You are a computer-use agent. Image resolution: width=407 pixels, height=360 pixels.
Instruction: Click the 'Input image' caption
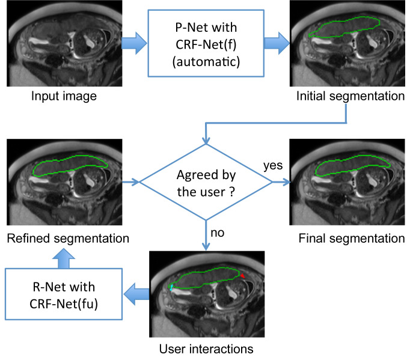click(x=64, y=96)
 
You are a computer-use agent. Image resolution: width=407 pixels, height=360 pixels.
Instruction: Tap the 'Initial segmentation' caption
click(x=350, y=96)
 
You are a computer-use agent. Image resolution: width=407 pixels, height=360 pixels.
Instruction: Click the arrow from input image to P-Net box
click(x=134, y=43)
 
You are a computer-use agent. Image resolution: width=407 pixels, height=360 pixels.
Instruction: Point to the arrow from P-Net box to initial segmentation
click(x=277, y=43)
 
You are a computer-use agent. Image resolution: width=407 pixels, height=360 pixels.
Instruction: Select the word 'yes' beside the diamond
click(x=273, y=166)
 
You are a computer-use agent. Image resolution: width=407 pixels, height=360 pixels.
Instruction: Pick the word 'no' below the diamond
click(x=217, y=233)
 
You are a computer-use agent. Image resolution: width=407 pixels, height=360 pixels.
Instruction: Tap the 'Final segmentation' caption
click(x=352, y=239)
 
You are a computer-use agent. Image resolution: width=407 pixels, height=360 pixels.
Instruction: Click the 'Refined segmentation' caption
click(x=68, y=239)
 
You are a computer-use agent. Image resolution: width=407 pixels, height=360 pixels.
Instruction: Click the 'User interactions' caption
click(x=206, y=349)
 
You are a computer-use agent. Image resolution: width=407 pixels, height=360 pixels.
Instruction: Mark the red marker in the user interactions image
click(x=242, y=276)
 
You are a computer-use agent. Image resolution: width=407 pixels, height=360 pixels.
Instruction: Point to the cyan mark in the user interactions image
click(x=171, y=287)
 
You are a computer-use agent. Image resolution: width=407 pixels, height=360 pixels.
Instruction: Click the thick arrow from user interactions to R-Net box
click(x=136, y=294)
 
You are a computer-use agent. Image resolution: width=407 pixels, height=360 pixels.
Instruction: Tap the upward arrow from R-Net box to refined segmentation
click(x=64, y=258)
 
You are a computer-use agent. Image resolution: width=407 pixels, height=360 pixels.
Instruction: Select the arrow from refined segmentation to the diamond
click(x=130, y=182)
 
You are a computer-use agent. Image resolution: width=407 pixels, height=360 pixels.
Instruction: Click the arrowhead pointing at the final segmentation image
click(x=287, y=182)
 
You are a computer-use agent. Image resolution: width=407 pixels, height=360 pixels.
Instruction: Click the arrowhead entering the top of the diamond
click(x=206, y=141)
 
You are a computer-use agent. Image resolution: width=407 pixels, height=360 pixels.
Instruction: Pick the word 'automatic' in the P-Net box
click(x=206, y=62)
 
